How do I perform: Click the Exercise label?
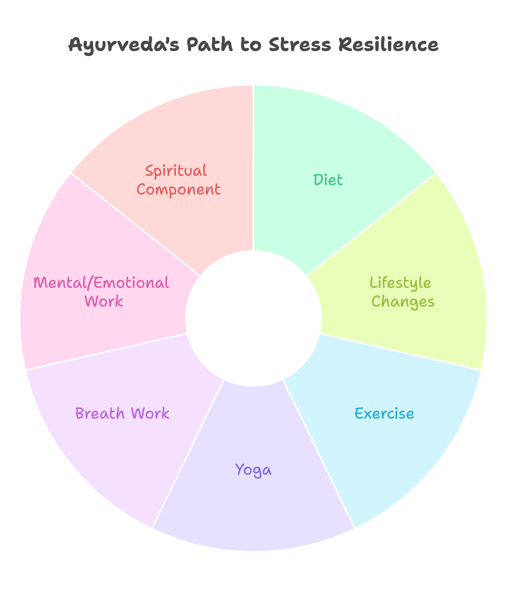(x=384, y=414)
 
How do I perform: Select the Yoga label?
(x=253, y=471)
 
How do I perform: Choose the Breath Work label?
(x=123, y=414)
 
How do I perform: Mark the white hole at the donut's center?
(x=253, y=318)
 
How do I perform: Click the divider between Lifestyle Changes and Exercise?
(x=399, y=352)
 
